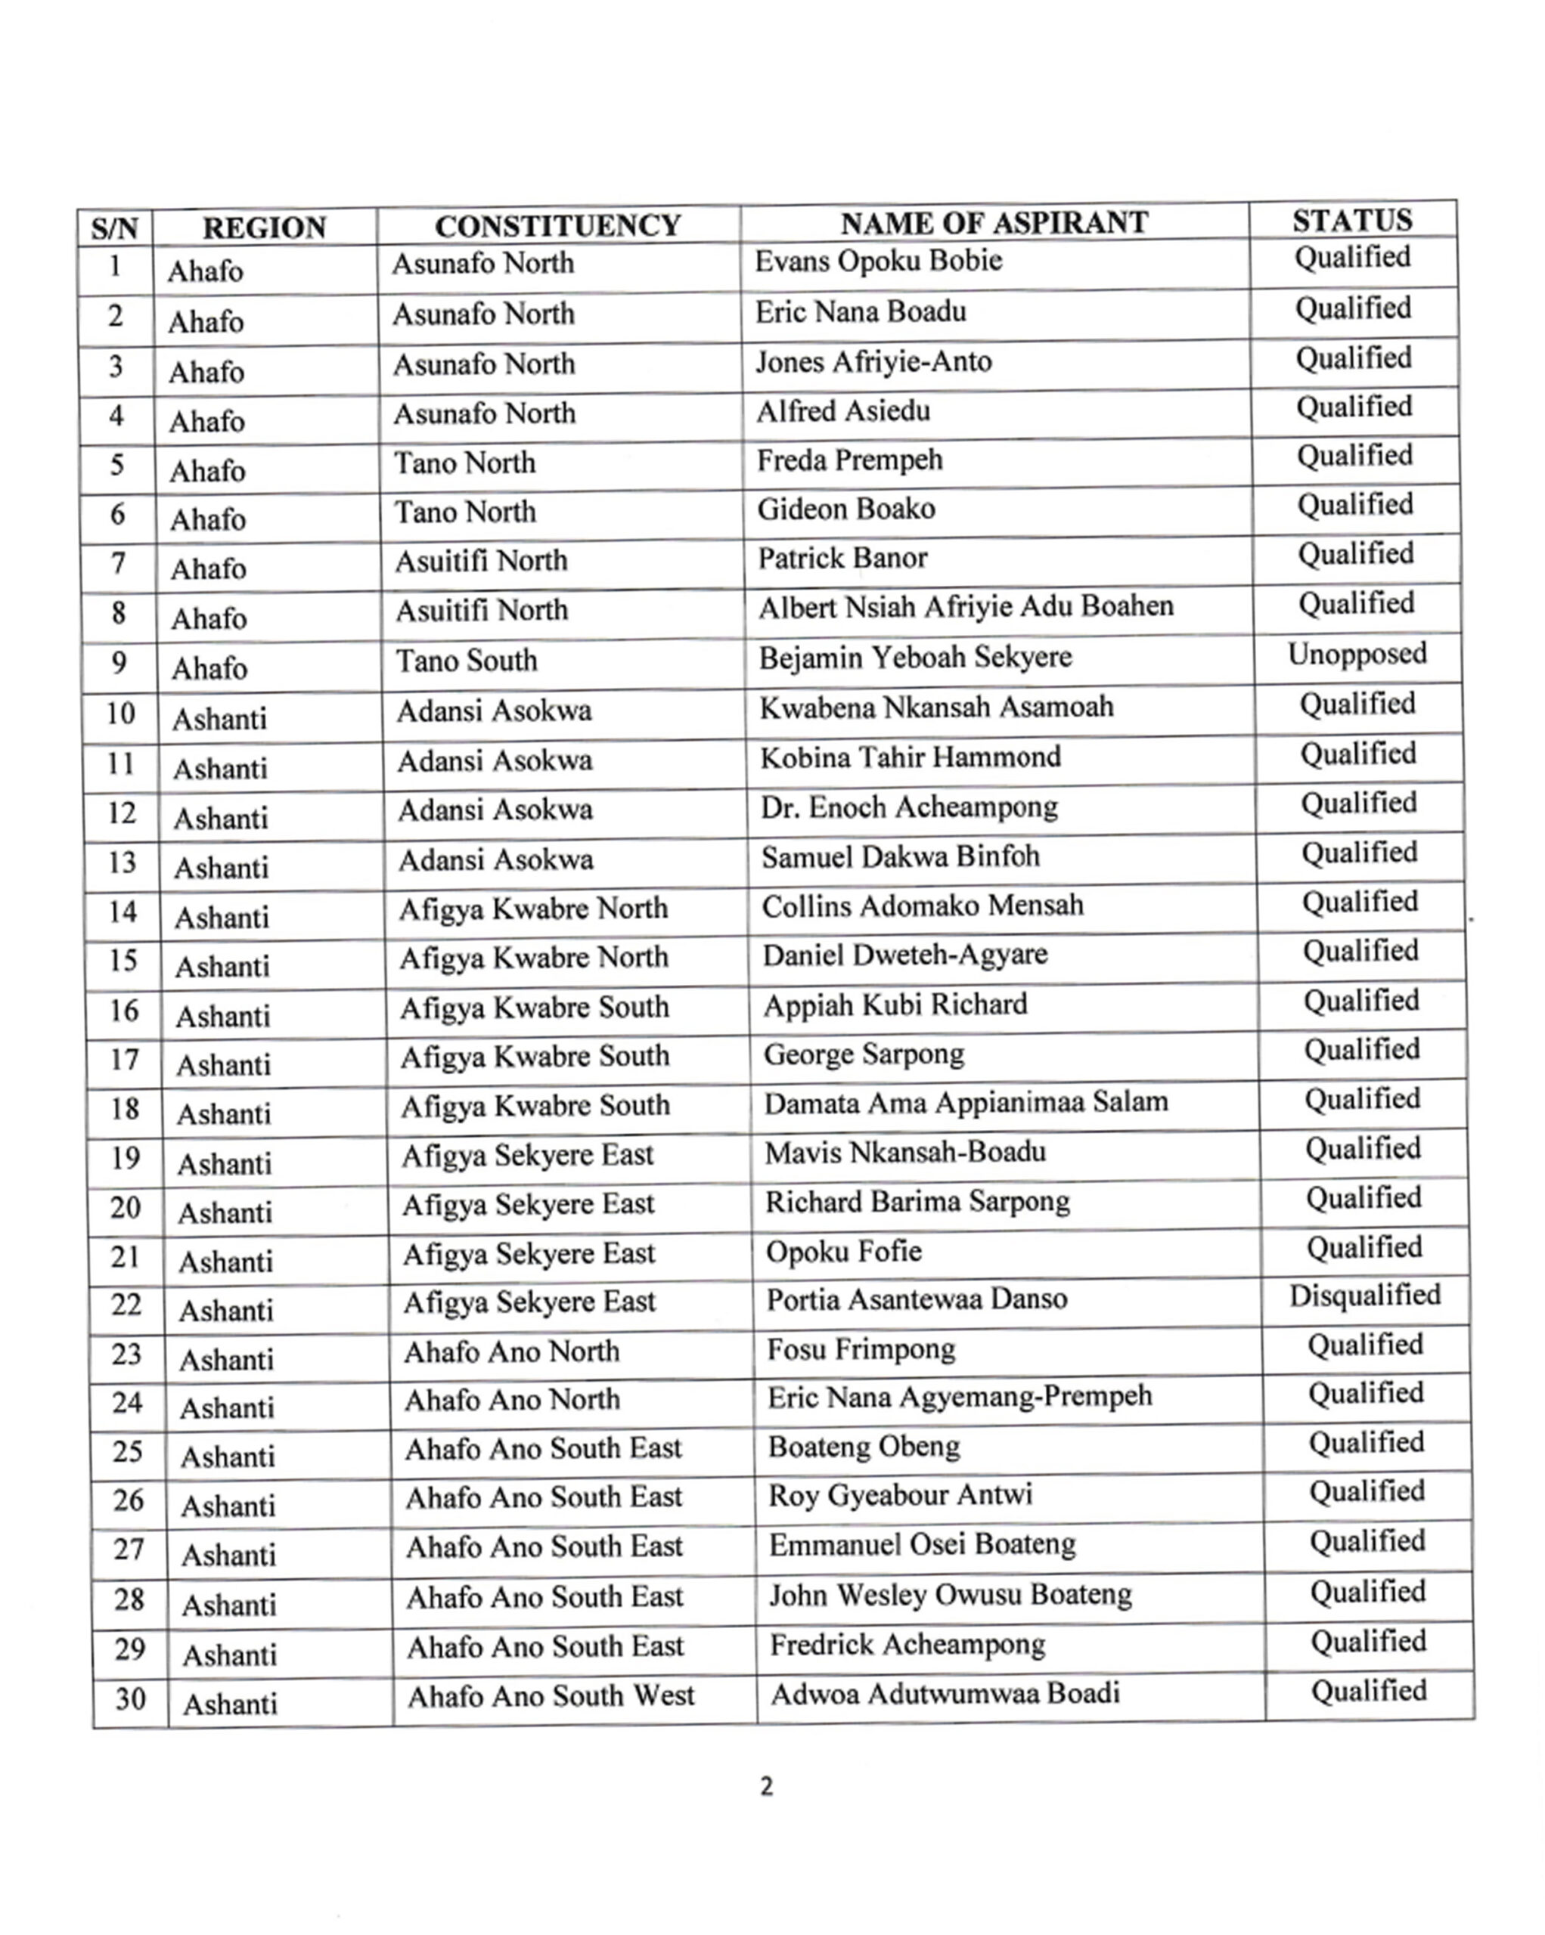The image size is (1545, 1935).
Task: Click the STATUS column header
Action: [x=1352, y=221]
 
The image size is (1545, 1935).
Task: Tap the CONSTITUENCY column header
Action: [x=557, y=226]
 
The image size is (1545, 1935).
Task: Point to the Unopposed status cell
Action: [x=1357, y=655]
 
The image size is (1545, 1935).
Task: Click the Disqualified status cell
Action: [x=1364, y=1295]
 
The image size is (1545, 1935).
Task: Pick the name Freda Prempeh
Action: [x=849, y=460]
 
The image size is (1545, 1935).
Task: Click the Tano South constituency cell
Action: [x=467, y=661]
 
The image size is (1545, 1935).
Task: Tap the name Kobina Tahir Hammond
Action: [x=911, y=757]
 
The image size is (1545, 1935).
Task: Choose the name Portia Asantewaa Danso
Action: [x=917, y=1299]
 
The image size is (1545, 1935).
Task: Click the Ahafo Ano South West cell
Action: [x=551, y=1695]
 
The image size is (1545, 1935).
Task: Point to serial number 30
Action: [x=130, y=1698]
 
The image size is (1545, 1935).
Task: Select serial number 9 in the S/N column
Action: [x=118, y=663]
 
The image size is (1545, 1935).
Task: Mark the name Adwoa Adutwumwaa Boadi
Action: [x=945, y=1694]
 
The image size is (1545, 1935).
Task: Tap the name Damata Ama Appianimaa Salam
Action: [x=966, y=1102]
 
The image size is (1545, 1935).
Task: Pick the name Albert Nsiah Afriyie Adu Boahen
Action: [x=966, y=608]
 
